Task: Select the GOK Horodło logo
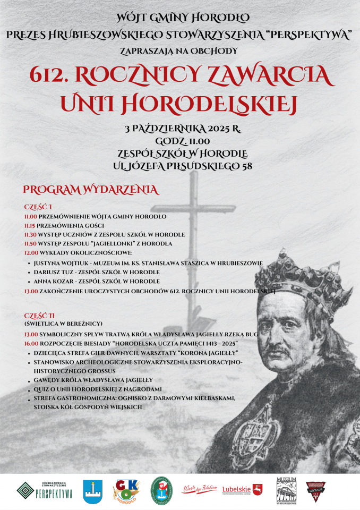[x=126, y=490]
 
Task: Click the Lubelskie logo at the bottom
[x=242, y=489]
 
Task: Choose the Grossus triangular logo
[x=315, y=490]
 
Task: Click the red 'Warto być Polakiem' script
[x=200, y=489]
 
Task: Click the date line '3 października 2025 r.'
[x=183, y=129]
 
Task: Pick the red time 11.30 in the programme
[x=30, y=234]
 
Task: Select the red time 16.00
[x=30, y=343]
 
